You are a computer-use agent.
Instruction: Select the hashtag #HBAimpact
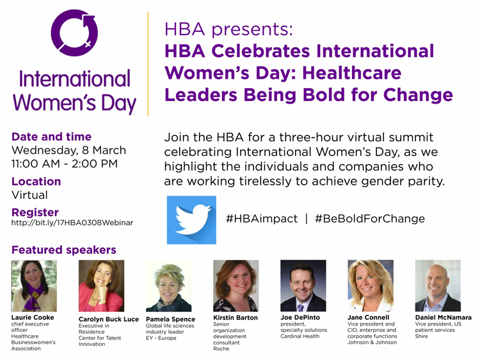pos(262,219)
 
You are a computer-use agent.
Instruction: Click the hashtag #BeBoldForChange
pos(370,219)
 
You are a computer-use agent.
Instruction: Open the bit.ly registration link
pos(72,223)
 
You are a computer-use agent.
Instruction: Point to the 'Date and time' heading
pos(51,136)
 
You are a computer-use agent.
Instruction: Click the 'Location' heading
pos(36,182)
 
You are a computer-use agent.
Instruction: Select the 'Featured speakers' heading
pos(63,250)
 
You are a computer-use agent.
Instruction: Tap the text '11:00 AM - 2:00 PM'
pos(65,164)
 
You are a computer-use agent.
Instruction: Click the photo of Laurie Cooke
pos(34,286)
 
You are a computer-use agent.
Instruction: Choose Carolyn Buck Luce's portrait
pos(101,286)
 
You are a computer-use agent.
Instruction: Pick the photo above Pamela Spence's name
pos(169,286)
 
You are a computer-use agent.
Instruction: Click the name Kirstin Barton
pos(236,318)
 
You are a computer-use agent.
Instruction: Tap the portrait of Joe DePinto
pos(303,286)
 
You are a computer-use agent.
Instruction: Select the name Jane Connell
pos(368,318)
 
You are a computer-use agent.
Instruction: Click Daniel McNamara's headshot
pos(438,286)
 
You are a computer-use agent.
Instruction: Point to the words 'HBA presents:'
pos(228,29)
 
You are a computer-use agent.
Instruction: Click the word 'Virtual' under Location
pos(29,195)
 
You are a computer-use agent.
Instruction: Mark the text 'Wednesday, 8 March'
pos(68,150)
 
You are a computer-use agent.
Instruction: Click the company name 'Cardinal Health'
pos(300,336)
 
